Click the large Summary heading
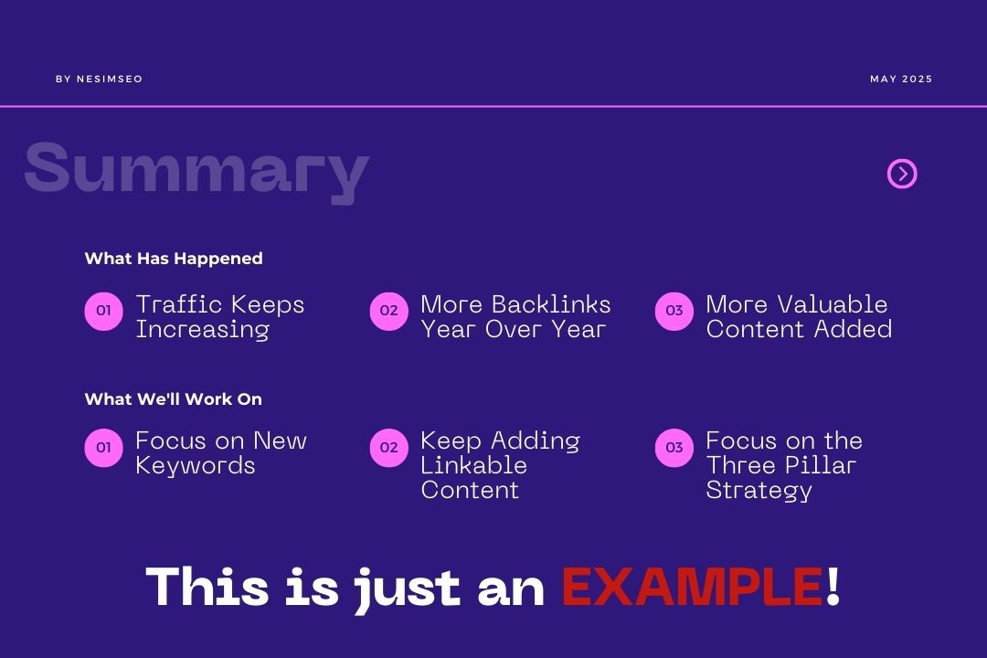[196, 169]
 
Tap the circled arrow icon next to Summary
[902, 174]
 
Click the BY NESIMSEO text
[99, 80]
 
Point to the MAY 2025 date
[901, 80]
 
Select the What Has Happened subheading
[174, 259]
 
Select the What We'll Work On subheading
[174, 399]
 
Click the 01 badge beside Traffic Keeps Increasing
[103, 311]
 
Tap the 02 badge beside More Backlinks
[388, 311]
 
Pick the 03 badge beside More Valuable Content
[674, 311]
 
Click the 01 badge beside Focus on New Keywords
[103, 448]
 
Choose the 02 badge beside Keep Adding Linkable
[388, 448]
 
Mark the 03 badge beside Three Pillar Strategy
[674, 448]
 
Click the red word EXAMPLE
[692, 587]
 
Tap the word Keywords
[195, 466]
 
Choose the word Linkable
[473, 465]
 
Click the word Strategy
[759, 491]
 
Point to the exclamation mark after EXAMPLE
[833, 587]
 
